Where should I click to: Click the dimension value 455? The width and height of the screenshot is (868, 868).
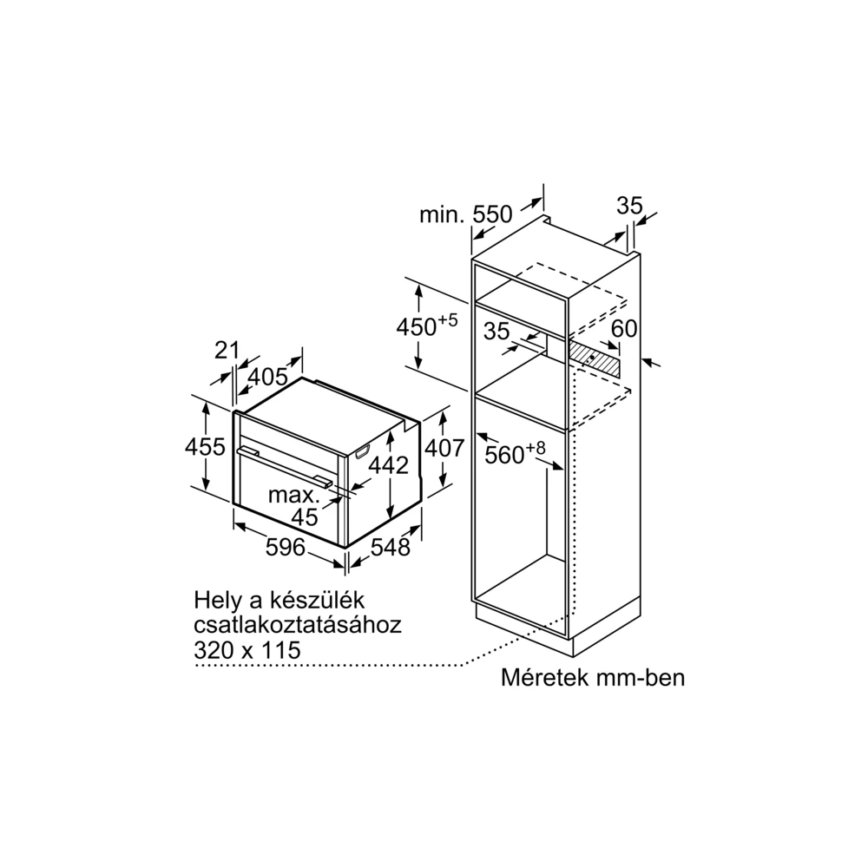coord(206,447)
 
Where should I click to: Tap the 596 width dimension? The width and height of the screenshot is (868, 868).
coord(286,547)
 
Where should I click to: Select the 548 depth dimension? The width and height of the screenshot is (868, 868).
coord(391,548)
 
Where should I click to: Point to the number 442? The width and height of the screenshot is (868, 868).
coord(389,465)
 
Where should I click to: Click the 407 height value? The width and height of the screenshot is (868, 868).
coord(444,448)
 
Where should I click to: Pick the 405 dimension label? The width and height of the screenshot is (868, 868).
coord(267,377)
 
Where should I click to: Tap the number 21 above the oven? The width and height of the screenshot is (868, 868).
coord(227,351)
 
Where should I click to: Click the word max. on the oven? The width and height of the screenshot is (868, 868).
coord(294,495)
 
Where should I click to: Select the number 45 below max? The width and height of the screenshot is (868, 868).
coord(305,517)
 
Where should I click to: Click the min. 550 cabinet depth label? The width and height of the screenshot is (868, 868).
coord(466,214)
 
